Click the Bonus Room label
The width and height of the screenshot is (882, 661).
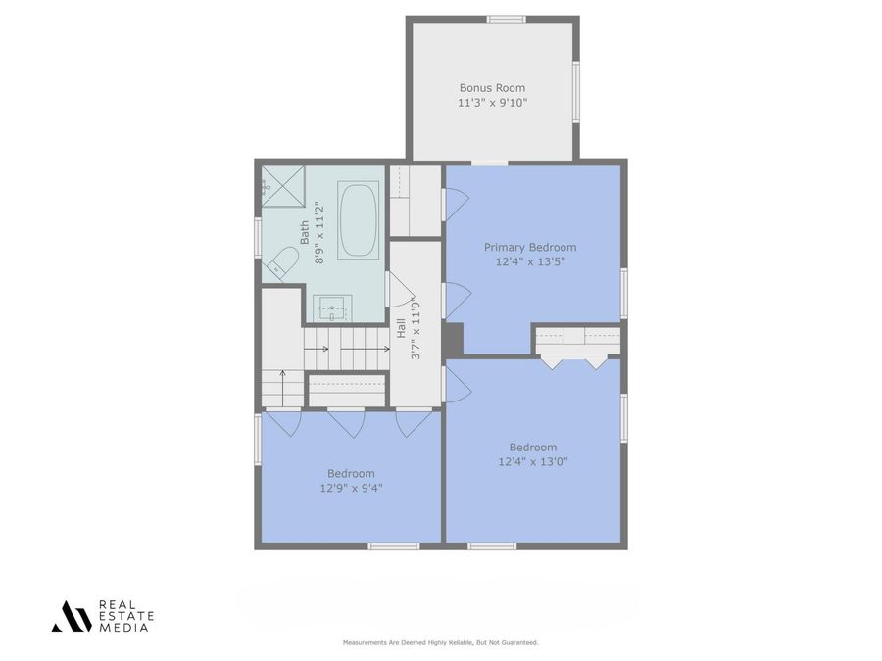click(492, 87)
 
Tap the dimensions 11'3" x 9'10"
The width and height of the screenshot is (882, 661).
click(492, 102)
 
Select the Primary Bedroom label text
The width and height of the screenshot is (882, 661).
click(530, 248)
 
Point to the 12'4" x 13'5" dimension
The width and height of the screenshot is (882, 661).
click(530, 261)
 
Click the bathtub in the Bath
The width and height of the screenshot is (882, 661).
click(359, 220)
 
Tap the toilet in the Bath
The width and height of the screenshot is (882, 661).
click(283, 262)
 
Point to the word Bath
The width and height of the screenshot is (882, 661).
click(305, 233)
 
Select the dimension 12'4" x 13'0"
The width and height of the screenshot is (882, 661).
click(533, 461)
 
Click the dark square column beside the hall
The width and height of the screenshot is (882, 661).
click(452, 340)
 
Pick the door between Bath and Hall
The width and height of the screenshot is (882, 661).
click(399, 290)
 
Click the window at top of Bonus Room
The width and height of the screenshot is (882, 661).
click(507, 19)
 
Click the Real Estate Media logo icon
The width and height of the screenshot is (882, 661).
click(72, 615)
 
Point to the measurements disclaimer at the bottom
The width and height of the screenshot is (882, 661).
click(440, 642)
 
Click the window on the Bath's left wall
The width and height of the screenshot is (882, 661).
click(258, 237)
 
